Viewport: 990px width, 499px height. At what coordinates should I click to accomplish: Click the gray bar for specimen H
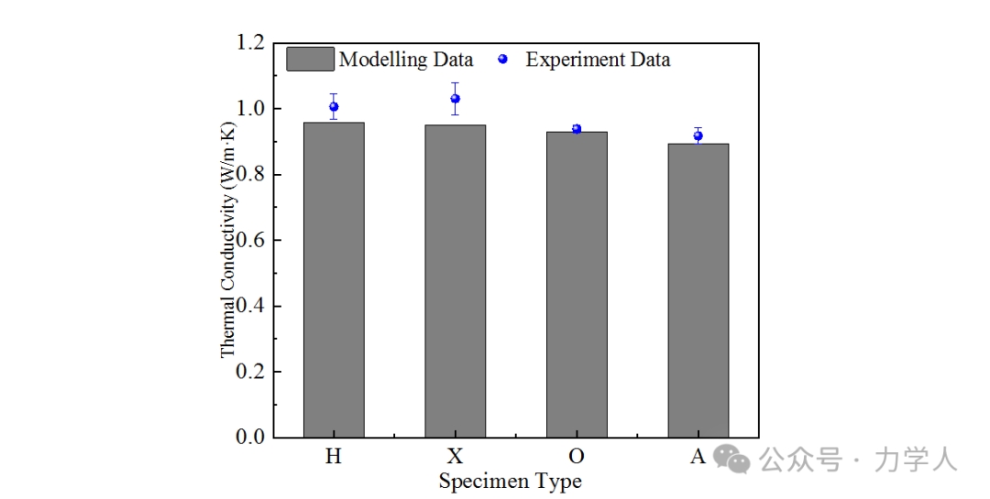334,279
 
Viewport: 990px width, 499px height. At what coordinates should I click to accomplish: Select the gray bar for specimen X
455,280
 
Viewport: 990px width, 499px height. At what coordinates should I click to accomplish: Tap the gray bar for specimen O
577,284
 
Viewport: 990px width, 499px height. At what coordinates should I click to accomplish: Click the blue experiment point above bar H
334,107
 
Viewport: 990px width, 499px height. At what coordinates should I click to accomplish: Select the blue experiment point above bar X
455,99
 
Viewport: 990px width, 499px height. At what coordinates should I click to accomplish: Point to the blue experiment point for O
577,129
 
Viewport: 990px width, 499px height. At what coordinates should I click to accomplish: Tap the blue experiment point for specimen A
698,136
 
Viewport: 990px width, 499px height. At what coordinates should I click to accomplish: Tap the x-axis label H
334,456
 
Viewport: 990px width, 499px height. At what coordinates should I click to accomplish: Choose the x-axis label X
455,456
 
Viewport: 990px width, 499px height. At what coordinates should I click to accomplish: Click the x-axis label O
577,456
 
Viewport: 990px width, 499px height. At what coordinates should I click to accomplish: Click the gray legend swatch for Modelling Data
310,60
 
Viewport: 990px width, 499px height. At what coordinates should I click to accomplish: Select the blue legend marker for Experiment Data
502,60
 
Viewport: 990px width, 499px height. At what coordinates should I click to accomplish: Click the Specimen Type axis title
510,481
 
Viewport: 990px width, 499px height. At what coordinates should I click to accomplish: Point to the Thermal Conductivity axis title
228,240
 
